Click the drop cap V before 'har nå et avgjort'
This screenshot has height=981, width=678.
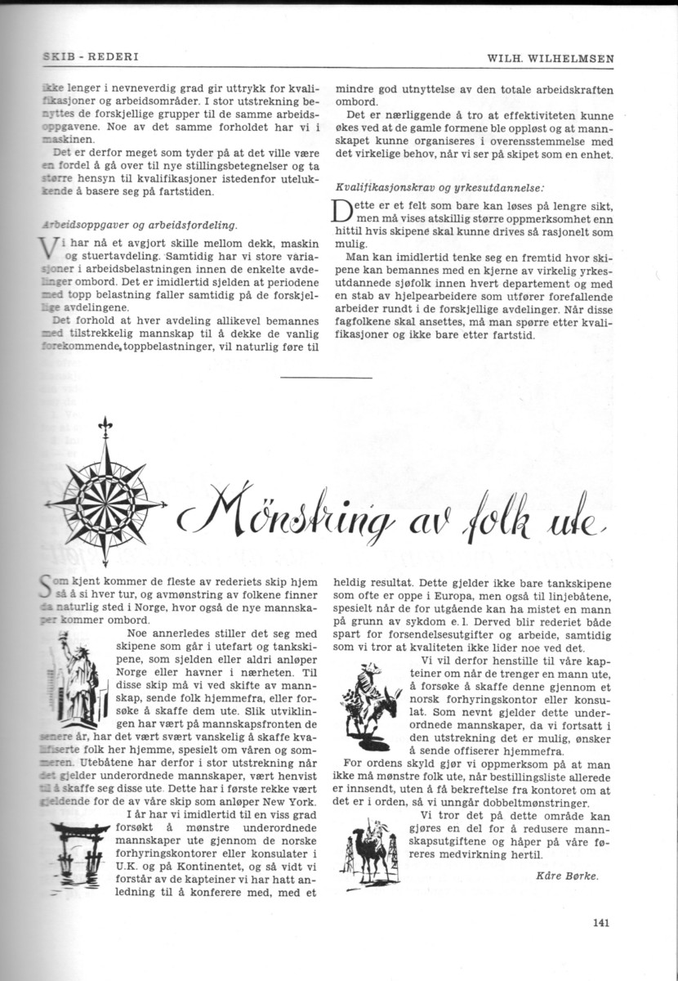point(47,249)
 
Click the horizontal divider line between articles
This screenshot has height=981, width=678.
point(326,377)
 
